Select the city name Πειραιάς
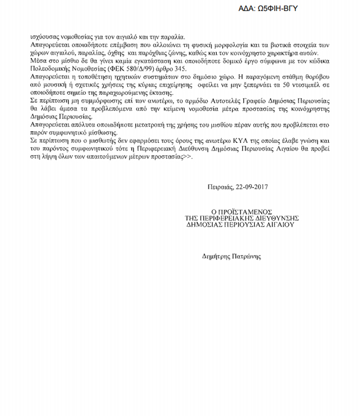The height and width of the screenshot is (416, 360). tap(218, 187)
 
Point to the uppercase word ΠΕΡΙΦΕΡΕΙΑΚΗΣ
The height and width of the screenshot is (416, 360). tap(227, 218)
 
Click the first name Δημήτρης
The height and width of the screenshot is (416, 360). tap(215, 256)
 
